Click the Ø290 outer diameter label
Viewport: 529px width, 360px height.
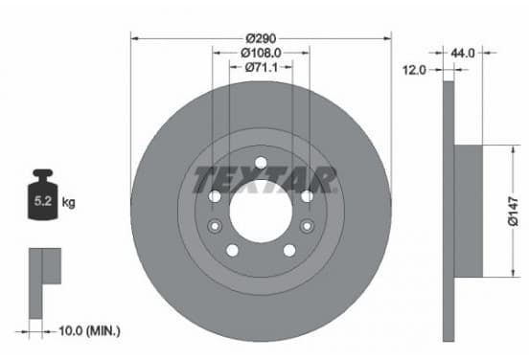coord(261,38)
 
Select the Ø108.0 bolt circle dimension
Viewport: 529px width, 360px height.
coord(261,53)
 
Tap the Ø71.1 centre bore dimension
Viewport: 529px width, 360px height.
coord(261,67)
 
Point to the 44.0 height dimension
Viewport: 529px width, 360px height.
coord(463,53)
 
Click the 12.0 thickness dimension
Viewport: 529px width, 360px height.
coord(414,70)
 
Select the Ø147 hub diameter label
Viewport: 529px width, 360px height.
coord(513,212)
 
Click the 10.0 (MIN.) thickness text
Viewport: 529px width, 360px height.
coord(89,331)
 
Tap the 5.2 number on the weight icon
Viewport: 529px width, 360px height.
coord(43,201)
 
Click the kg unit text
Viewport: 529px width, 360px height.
coord(68,203)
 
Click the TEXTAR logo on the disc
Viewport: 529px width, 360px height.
coord(264,180)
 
